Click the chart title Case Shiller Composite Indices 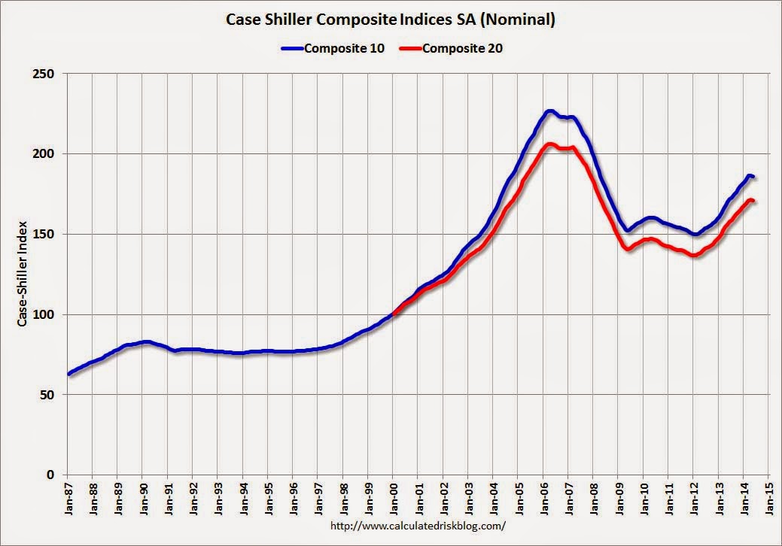point(391,20)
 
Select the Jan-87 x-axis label point(68,498)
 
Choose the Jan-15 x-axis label point(768,498)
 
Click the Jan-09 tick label point(619,498)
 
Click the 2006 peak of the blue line point(549,111)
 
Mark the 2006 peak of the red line point(549,144)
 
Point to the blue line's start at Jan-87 point(68,374)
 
